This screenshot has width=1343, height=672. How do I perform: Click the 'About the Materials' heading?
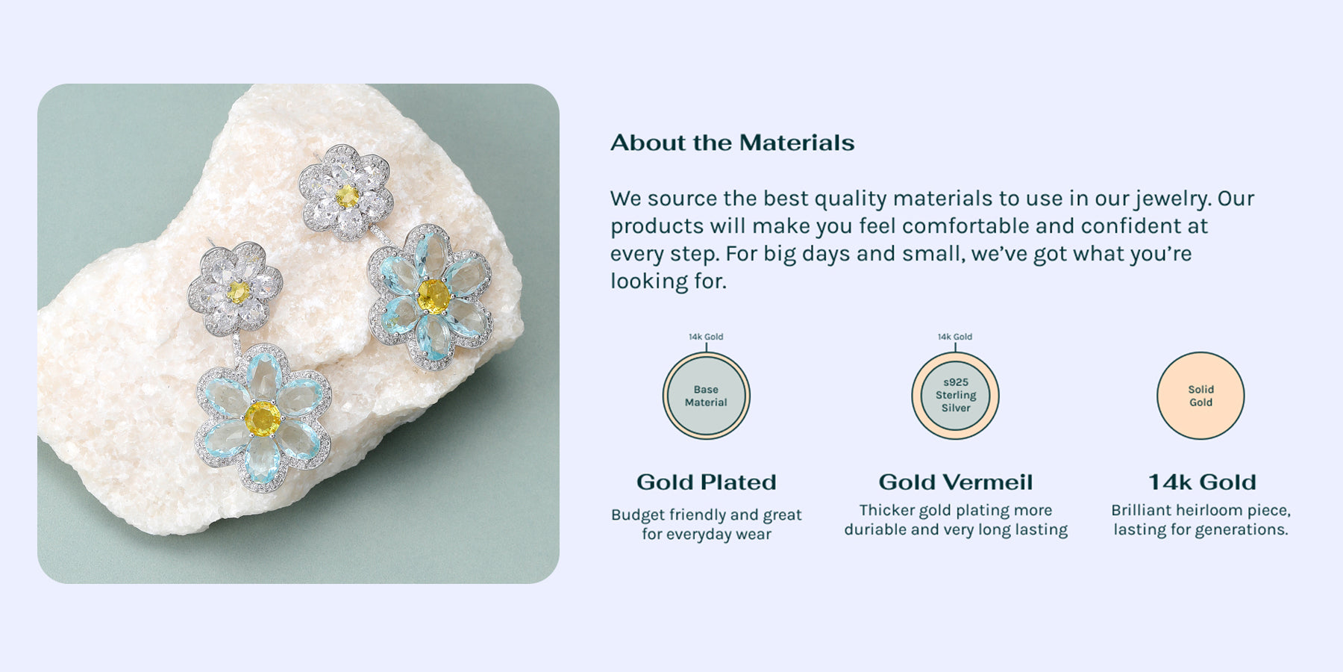[x=732, y=143]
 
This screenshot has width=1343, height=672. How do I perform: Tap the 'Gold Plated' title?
[x=707, y=482]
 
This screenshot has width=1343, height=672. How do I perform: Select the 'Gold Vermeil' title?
[x=956, y=482]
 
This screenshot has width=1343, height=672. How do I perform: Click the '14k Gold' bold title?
[x=1202, y=482]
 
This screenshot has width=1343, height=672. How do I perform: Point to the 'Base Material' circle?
[x=706, y=396]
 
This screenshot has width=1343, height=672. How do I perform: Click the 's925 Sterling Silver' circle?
[x=955, y=396]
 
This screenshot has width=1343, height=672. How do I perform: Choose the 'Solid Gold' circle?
[x=1200, y=396]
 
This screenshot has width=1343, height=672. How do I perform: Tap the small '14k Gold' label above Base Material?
[x=706, y=337]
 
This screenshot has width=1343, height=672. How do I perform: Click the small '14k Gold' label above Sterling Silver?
[x=955, y=337]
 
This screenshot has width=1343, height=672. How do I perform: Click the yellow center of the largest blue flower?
[x=263, y=418]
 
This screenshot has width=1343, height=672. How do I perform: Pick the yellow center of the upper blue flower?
[x=433, y=296]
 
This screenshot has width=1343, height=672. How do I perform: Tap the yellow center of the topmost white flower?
[x=347, y=196]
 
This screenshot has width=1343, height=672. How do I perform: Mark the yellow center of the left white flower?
[x=238, y=292]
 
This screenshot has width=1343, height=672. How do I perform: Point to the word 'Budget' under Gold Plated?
[x=638, y=515]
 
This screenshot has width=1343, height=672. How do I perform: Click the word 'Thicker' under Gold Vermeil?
[x=886, y=510]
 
